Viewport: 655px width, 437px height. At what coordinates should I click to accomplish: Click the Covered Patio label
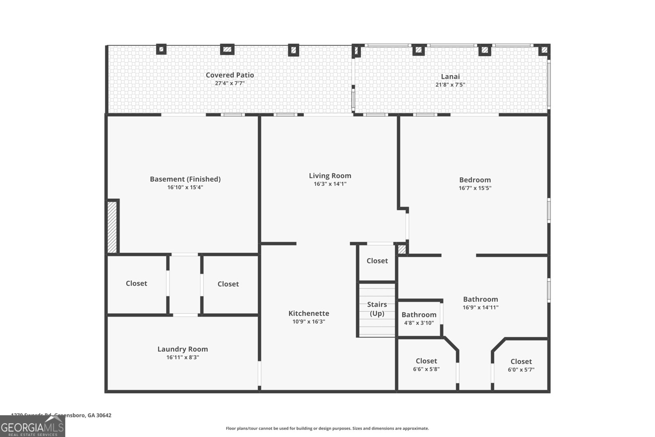(230, 75)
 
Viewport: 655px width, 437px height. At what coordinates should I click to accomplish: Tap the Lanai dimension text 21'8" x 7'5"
(450, 85)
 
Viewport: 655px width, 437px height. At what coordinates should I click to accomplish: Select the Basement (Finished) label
(185, 179)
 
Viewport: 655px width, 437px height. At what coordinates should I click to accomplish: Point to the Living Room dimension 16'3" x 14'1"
(330, 184)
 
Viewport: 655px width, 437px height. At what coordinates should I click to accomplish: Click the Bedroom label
(475, 180)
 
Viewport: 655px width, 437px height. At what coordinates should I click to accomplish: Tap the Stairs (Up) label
(377, 309)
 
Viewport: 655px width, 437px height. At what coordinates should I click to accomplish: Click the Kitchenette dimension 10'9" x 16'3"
(309, 322)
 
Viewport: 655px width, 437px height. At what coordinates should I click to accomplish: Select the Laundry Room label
(183, 349)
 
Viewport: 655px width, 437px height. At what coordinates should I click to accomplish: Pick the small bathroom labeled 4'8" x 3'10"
(419, 318)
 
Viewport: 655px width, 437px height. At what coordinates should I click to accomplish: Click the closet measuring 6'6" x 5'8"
(426, 365)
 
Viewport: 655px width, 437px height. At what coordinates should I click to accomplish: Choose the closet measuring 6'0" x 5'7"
(521, 365)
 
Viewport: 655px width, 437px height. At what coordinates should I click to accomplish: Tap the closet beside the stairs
(377, 261)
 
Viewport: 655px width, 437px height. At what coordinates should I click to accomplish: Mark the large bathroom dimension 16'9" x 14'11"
(481, 308)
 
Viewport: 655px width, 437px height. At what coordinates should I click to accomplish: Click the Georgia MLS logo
(32, 426)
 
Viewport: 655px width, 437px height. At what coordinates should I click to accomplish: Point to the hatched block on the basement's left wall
(112, 226)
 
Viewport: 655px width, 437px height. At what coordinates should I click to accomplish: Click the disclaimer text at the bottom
(327, 428)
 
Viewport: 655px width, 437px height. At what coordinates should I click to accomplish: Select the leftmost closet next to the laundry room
(136, 283)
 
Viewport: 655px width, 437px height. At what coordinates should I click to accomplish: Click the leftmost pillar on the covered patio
(161, 49)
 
